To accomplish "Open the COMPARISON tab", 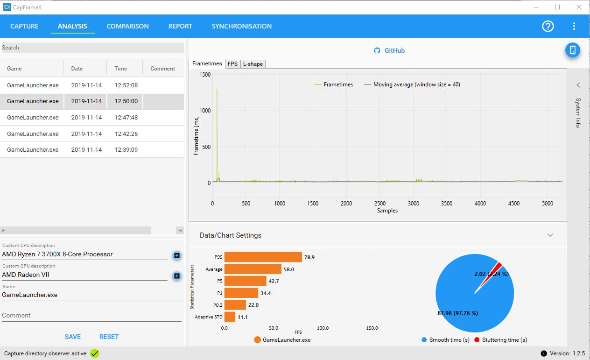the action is tap(127, 26).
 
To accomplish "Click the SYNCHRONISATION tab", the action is tap(241, 26).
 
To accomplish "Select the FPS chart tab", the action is tap(232, 64).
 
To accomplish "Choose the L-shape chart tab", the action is tap(253, 64).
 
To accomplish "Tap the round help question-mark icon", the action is tap(548, 26).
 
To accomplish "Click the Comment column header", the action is tap(162, 69).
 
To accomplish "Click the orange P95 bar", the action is tap(263, 257).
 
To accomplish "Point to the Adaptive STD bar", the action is tap(230, 317).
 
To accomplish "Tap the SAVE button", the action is tap(73, 337).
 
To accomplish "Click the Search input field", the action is tap(93, 48).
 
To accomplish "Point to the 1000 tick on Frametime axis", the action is tap(205, 110).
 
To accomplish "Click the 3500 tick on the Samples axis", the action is tap(447, 203).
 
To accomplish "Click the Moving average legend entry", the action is tap(412, 85).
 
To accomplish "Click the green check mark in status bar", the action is tap(94, 353).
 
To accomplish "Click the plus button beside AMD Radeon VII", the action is tap(177, 276).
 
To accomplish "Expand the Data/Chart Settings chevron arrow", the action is tap(550, 235).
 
